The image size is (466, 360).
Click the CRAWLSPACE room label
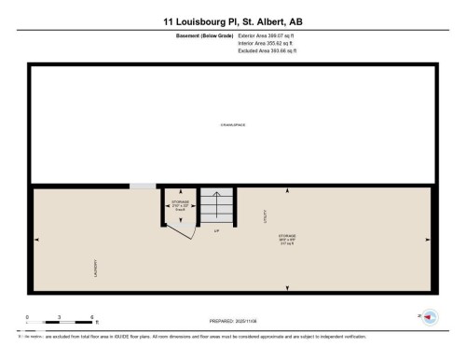(x=232, y=124)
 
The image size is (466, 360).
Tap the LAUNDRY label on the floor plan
(x=94, y=268)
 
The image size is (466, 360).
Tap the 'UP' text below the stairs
(x=216, y=230)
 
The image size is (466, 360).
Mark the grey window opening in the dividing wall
(x=143, y=187)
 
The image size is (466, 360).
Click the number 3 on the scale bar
(x=59, y=318)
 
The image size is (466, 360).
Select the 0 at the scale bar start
(x=27, y=318)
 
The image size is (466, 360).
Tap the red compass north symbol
(x=428, y=318)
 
